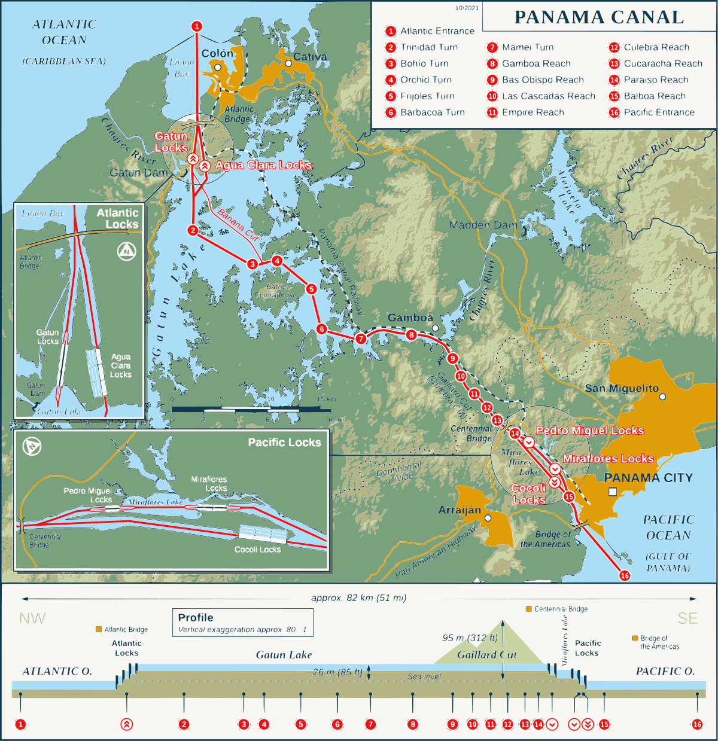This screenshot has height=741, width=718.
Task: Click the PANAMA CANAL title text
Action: [599, 17]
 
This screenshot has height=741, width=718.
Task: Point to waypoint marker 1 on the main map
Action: [197, 26]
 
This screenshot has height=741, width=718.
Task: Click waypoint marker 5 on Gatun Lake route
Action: [311, 289]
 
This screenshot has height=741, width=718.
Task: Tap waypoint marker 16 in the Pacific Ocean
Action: [625, 575]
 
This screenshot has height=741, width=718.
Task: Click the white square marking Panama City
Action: [613, 492]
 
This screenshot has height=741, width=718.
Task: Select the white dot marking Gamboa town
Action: [435, 328]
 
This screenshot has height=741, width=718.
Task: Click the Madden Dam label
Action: [483, 225]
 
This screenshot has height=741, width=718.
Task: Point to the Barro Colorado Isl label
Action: [275, 291]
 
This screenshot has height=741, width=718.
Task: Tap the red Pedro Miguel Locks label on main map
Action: [589, 431]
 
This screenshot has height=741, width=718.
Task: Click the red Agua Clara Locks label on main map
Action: [263, 165]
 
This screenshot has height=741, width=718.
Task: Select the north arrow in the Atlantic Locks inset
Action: [126, 251]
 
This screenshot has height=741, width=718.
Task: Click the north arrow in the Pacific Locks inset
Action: [31, 447]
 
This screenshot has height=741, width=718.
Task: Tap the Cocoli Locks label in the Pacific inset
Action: [257, 550]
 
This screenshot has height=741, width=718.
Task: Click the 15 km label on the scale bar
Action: [326, 399]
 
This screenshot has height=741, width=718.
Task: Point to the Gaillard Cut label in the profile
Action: [486, 655]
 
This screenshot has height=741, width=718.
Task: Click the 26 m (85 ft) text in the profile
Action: [337, 672]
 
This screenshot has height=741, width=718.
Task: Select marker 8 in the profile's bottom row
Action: [412, 724]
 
